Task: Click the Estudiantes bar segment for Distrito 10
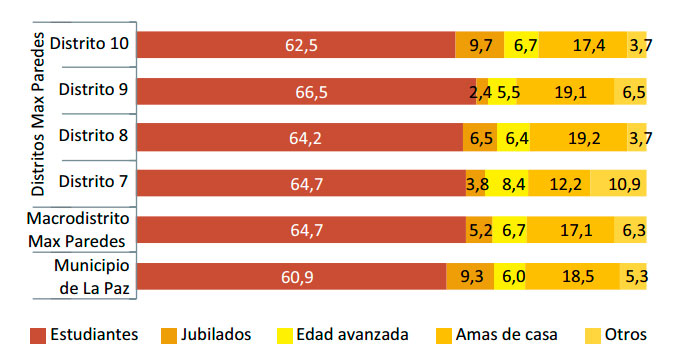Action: (x=295, y=45)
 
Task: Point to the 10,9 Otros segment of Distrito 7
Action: (x=618, y=183)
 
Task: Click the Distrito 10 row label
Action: (x=89, y=44)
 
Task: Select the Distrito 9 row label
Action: (x=93, y=90)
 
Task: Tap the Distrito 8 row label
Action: (x=93, y=136)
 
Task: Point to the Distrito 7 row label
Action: (x=93, y=182)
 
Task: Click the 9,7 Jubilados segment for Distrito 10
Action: (x=479, y=45)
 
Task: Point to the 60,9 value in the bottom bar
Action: (x=290, y=276)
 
